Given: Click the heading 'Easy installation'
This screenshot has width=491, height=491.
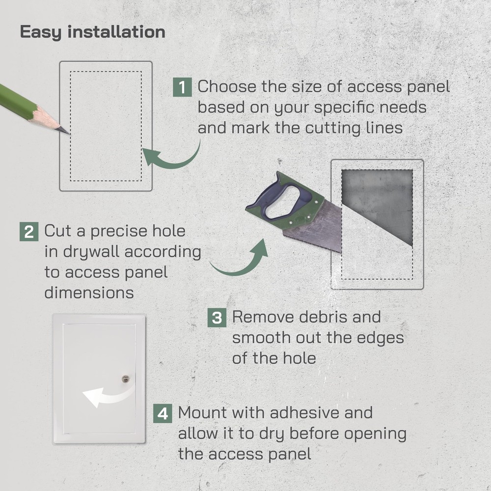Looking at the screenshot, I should point(92,32).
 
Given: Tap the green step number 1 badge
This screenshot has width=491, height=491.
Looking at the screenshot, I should point(182,87).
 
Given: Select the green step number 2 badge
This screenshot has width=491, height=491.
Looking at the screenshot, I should point(29,231).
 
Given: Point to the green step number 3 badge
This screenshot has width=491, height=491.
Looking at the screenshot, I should point(217,318).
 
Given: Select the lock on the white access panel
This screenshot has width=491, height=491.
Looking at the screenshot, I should point(126,379).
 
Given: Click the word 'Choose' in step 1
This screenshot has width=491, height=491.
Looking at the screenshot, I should point(226,87).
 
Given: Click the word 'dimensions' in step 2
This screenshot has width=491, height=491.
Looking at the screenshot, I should point(89,293).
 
